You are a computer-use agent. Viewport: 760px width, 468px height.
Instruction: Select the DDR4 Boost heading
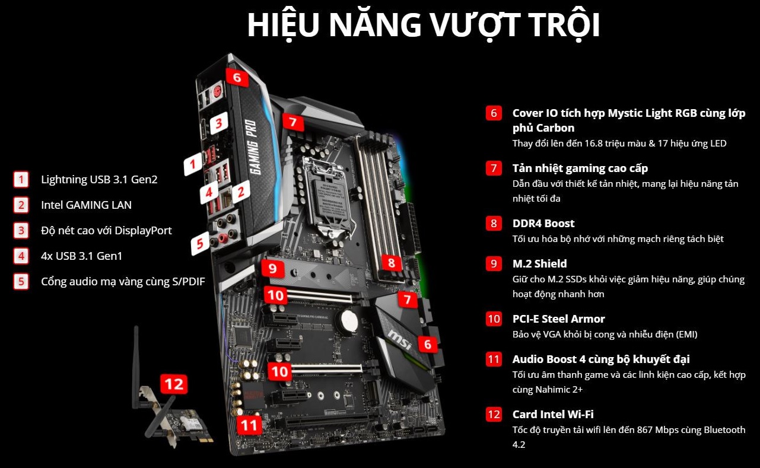click(x=543, y=224)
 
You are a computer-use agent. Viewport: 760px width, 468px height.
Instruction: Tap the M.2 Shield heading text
click(x=539, y=263)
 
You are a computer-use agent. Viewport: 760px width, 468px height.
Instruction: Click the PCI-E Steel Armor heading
click(x=558, y=319)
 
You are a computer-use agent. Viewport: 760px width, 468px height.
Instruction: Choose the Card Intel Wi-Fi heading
click(x=553, y=414)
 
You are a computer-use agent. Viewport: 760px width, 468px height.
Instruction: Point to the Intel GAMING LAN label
click(x=86, y=205)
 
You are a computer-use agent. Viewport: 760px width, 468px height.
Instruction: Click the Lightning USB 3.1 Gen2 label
click(x=99, y=179)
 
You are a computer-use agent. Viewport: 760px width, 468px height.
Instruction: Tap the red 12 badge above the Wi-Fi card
click(x=174, y=384)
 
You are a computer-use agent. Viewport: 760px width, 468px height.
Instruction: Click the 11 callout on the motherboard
click(x=249, y=425)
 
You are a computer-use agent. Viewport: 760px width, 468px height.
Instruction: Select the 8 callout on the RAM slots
click(x=391, y=263)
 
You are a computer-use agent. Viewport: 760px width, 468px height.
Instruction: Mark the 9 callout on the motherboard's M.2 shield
click(x=272, y=269)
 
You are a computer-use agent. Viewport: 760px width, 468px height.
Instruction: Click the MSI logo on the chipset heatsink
click(x=400, y=340)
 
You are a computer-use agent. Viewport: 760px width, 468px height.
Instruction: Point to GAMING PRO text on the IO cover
click(x=254, y=148)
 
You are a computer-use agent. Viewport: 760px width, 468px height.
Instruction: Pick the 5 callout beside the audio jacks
click(x=200, y=244)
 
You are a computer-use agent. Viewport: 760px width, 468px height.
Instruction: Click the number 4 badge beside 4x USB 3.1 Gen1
click(x=21, y=256)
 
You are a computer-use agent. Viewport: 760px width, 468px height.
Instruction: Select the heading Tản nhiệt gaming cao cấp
click(x=580, y=168)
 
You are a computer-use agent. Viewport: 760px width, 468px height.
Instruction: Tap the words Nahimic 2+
click(x=558, y=389)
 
